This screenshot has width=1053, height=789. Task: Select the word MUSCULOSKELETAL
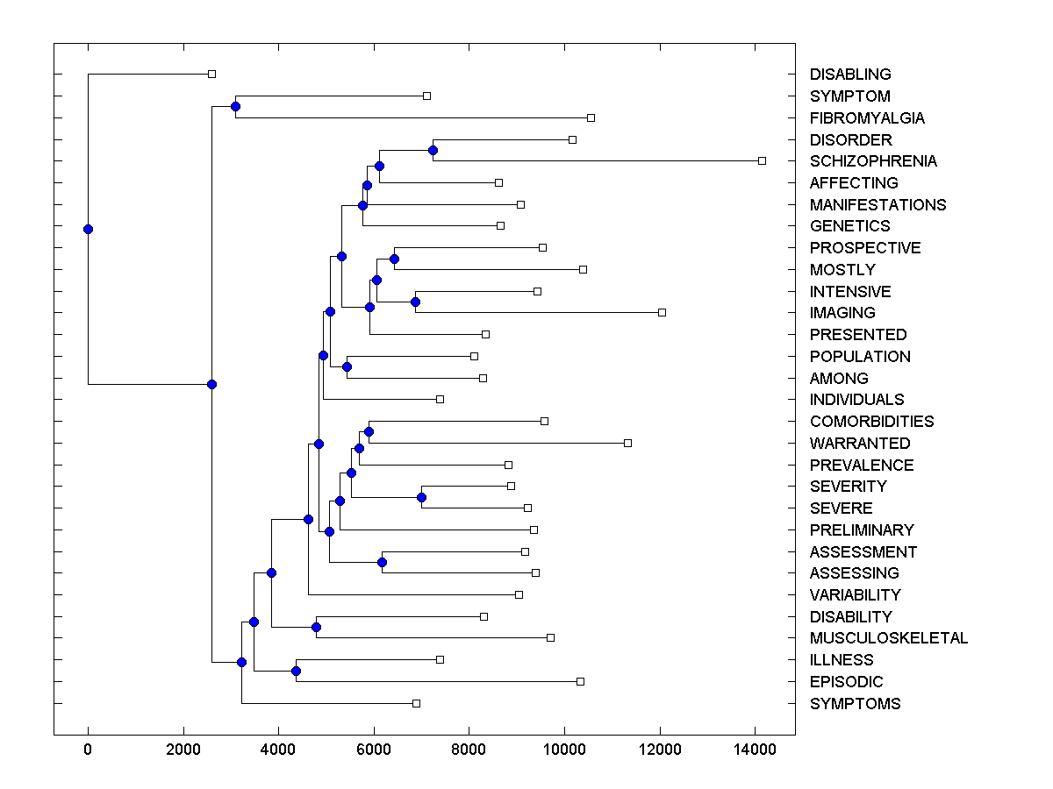(x=888, y=638)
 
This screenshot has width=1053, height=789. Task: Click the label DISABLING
(x=850, y=75)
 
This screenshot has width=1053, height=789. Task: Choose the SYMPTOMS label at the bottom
(x=855, y=704)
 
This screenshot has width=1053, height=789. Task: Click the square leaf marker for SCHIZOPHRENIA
(x=762, y=160)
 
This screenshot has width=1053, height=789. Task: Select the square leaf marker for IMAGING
(x=662, y=312)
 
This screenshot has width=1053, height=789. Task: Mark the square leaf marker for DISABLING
(x=211, y=75)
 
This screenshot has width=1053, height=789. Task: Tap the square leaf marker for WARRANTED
(x=627, y=443)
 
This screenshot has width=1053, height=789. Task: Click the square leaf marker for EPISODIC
(x=580, y=681)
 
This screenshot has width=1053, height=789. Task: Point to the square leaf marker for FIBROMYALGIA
(x=591, y=117)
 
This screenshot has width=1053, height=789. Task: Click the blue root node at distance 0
(x=88, y=230)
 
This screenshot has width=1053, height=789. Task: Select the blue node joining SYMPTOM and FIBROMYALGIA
(x=235, y=106)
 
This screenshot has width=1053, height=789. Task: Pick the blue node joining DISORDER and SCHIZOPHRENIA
(x=433, y=150)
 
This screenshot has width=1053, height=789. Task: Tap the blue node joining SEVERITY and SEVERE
(x=421, y=497)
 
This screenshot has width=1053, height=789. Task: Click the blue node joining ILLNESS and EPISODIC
(x=296, y=671)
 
